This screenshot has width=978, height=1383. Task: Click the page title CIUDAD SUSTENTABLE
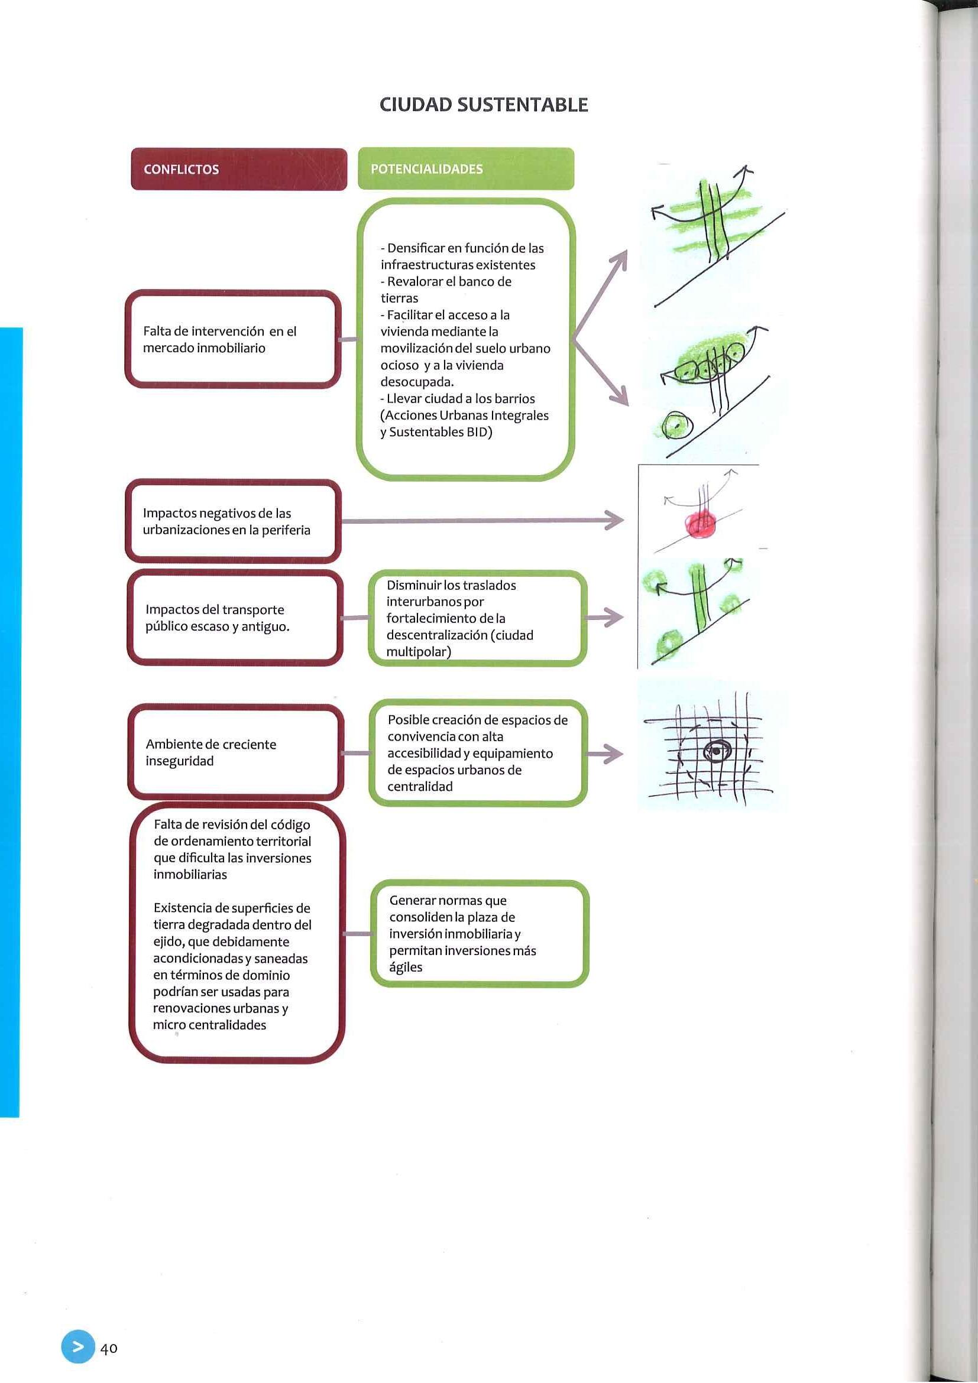click(x=483, y=105)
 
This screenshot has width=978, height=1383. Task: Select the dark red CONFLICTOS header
click(x=239, y=169)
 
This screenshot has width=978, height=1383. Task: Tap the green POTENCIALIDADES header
click(x=465, y=169)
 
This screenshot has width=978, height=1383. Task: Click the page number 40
click(x=109, y=1348)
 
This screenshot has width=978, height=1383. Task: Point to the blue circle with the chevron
click(x=77, y=1346)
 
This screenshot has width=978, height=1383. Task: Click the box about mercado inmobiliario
click(x=232, y=339)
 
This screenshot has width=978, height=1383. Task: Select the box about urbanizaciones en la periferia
click(x=233, y=522)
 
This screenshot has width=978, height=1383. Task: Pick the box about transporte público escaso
click(x=234, y=618)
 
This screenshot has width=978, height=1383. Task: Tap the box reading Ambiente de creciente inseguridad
click(x=235, y=752)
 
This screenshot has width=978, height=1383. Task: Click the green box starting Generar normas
click(x=479, y=934)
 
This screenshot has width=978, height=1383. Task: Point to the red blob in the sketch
click(x=701, y=522)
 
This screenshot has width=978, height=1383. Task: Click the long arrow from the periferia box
click(x=482, y=521)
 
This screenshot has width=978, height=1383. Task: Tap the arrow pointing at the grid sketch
click(x=604, y=754)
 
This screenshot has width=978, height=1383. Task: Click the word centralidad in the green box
click(x=420, y=787)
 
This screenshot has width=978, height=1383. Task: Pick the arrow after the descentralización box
click(x=604, y=618)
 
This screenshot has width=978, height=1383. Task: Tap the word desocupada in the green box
click(x=416, y=382)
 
